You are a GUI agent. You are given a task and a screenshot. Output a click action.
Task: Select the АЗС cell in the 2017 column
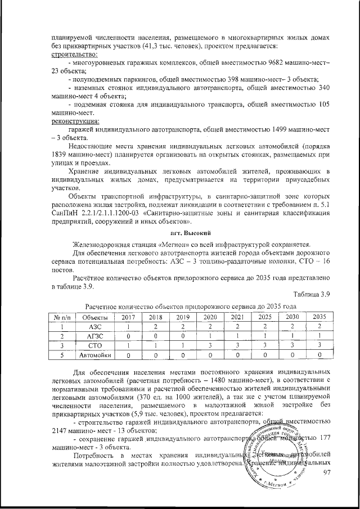129,326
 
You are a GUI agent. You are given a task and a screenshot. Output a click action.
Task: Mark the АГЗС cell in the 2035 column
319,336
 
